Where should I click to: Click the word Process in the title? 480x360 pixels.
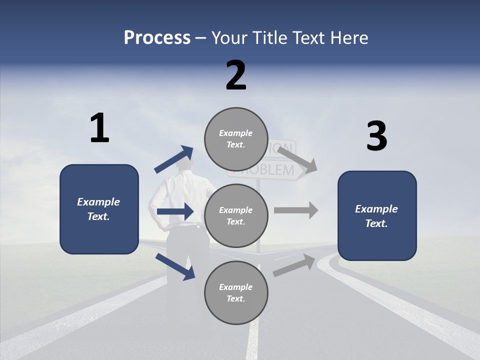coord(157,38)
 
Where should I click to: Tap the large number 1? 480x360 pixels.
coord(99,128)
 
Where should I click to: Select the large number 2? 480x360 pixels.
coord(236,75)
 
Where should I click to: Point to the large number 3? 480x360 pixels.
coord(376,136)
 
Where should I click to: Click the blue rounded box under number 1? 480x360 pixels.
coord(99,209)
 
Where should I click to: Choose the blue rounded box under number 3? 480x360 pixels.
coord(377,215)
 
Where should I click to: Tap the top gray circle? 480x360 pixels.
coord(236,139)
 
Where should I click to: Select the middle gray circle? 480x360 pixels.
coord(236,215)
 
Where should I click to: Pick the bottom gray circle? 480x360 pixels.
coord(236,292)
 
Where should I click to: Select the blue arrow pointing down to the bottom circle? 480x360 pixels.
coord(175,266)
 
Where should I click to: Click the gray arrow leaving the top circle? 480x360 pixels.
coord(297,159)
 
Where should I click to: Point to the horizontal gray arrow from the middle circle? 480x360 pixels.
coord(296,210)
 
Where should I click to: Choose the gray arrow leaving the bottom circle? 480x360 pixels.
coord(294,265)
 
